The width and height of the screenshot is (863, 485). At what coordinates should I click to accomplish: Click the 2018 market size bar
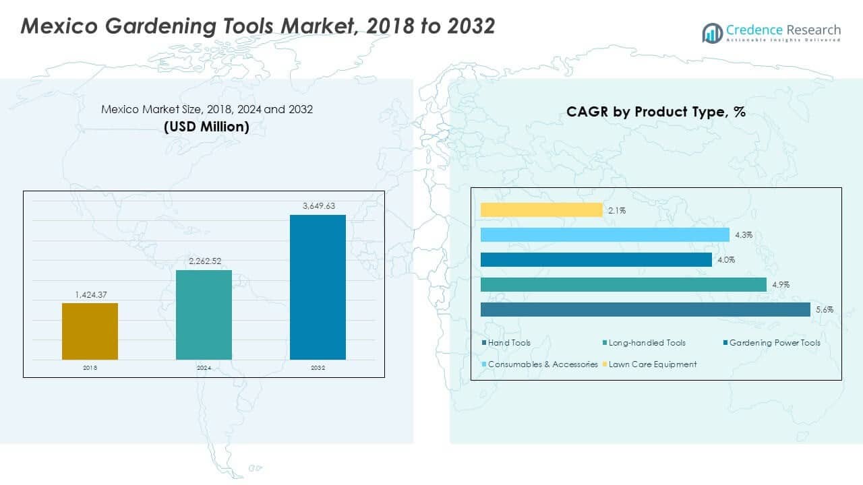(x=90, y=331)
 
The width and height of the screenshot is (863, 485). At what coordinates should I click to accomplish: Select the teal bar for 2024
(x=204, y=315)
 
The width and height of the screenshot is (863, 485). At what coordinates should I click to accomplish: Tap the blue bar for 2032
(x=318, y=287)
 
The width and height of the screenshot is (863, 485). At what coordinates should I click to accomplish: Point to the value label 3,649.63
(x=318, y=206)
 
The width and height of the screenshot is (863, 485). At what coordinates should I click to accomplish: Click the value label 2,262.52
(x=204, y=261)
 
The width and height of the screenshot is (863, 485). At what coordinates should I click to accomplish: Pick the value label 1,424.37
(x=90, y=294)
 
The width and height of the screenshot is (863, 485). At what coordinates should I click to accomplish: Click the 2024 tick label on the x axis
(x=204, y=368)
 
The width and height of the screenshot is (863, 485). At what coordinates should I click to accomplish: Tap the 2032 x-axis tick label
(x=318, y=368)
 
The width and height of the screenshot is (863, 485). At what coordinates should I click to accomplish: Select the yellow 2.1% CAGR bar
(x=541, y=210)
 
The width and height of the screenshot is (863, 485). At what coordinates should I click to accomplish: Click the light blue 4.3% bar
(x=605, y=234)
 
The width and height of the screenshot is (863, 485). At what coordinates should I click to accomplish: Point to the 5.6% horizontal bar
(x=645, y=309)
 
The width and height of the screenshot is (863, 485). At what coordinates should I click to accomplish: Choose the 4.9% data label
(x=781, y=285)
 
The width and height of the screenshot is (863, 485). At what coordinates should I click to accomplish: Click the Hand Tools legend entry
(x=506, y=343)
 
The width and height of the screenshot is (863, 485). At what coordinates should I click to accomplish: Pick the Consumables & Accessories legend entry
(x=540, y=364)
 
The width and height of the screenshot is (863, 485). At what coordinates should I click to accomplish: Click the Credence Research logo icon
(x=712, y=32)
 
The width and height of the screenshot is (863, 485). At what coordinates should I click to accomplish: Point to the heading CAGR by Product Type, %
(x=656, y=112)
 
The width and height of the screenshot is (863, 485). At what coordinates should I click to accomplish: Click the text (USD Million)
(x=207, y=126)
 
